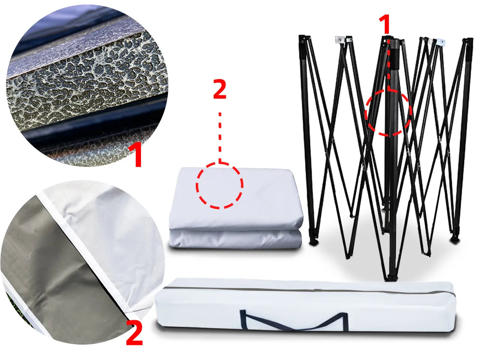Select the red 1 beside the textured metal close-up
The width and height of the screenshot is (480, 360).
(x=135, y=154)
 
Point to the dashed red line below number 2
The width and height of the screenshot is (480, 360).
(x=220, y=138)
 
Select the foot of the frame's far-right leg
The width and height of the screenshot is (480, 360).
(x=455, y=239)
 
